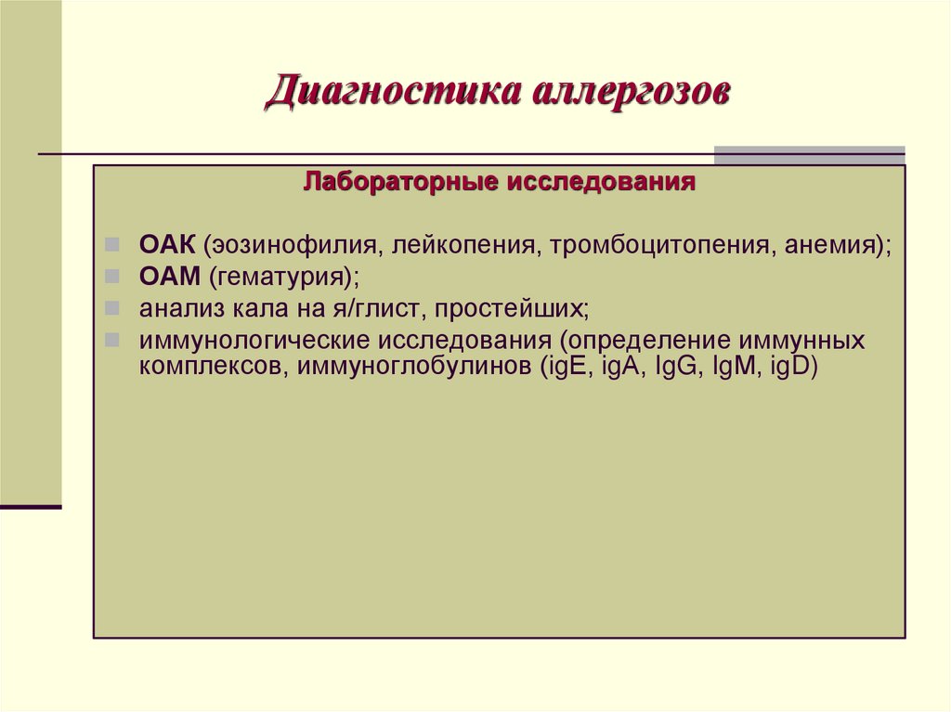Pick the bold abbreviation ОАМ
(168, 277)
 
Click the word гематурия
(278, 277)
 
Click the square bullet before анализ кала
(111, 307)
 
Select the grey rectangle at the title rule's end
(809, 155)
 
